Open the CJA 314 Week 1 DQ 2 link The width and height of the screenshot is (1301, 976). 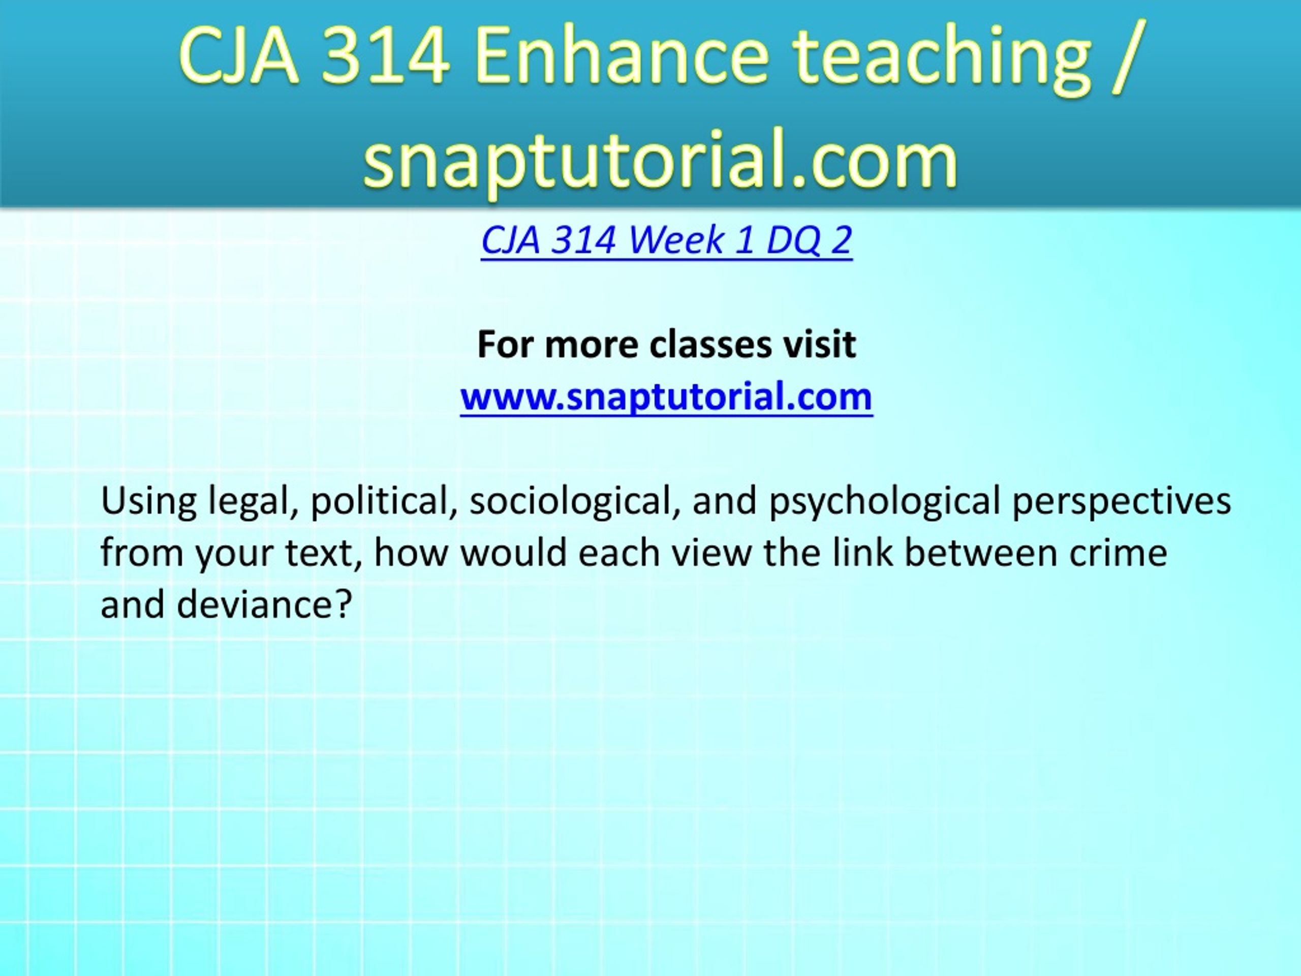666,240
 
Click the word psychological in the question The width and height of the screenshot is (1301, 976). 885,502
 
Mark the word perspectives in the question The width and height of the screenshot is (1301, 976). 1122,502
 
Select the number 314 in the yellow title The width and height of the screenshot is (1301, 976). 386,57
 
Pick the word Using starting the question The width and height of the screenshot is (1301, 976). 149,502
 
